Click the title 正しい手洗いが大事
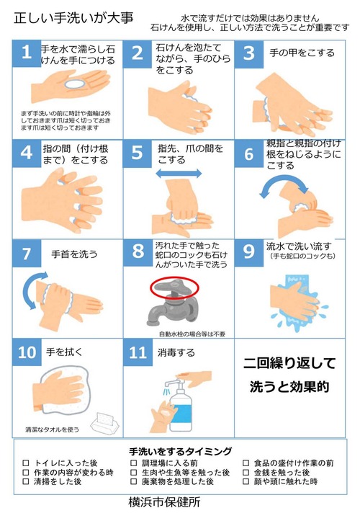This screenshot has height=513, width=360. (x=73, y=18)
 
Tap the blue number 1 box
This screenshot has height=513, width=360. (x=27, y=53)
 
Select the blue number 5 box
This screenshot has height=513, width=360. (x=138, y=153)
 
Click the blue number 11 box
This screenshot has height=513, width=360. (x=138, y=352)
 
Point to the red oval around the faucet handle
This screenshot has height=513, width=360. (x=175, y=287)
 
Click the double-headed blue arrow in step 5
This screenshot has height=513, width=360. (x=179, y=174)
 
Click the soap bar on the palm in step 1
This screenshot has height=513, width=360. (x=75, y=84)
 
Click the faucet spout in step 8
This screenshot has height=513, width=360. (x=153, y=315)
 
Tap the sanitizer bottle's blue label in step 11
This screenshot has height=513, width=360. (x=181, y=414)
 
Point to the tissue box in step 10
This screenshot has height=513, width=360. (x=104, y=424)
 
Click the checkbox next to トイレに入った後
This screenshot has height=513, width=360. (x=26, y=463)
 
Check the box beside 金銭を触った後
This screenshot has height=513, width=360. (x=246, y=472)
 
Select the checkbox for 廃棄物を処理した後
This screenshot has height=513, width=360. (x=133, y=481)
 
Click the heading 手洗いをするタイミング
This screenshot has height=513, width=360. (x=180, y=452)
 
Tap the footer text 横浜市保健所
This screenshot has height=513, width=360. (x=164, y=502)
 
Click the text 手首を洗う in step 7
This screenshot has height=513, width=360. (x=74, y=254)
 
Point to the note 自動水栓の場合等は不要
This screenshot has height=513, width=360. (x=192, y=334)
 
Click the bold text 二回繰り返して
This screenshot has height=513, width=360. (x=289, y=363)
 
